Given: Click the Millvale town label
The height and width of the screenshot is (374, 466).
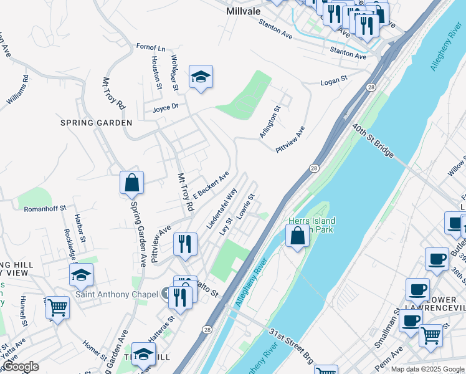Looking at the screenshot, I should click(x=245, y=11).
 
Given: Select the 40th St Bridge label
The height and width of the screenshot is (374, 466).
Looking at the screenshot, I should click(x=373, y=143).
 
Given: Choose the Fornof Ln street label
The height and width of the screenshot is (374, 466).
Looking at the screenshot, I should click(x=151, y=47).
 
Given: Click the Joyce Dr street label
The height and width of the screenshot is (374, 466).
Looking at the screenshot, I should click(x=166, y=107).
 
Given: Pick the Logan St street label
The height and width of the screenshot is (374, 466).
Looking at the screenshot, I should click(x=333, y=81).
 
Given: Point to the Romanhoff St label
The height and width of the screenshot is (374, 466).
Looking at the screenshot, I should click(x=45, y=209).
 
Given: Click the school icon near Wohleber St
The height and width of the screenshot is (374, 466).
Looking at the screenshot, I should click(x=201, y=77).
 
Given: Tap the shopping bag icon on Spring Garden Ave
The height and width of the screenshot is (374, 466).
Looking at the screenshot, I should click(x=132, y=183).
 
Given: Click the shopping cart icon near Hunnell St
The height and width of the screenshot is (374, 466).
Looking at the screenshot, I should click(x=57, y=307).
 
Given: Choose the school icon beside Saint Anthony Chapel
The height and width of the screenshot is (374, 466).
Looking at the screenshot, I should click(x=81, y=274).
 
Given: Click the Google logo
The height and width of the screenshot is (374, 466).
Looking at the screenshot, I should click(x=20, y=367).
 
